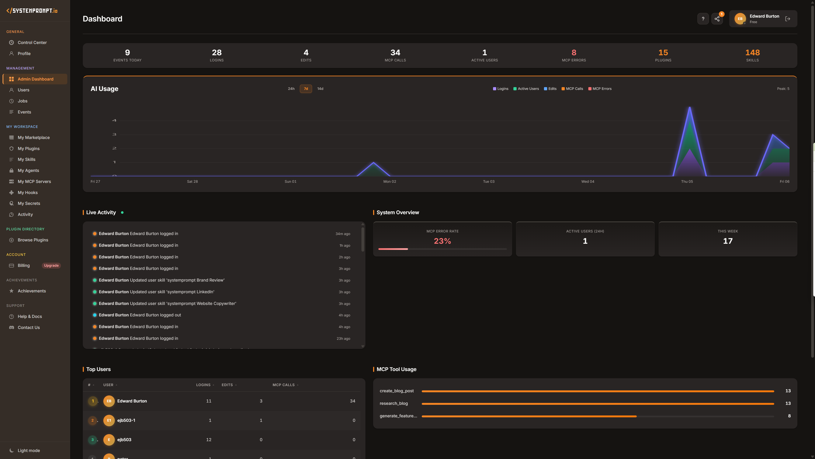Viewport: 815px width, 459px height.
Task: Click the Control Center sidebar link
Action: tap(32, 42)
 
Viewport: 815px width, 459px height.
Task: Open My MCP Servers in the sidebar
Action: tap(34, 181)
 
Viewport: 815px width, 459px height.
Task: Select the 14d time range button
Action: tap(320, 89)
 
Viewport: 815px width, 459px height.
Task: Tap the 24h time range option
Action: tap(291, 89)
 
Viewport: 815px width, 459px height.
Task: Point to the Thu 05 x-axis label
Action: tap(687, 181)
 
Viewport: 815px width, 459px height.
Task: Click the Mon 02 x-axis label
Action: tap(389, 181)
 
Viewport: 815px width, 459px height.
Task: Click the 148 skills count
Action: tap(752, 52)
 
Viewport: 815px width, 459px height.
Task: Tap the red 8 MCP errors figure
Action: tap(574, 52)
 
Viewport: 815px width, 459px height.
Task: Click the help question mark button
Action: tap(703, 19)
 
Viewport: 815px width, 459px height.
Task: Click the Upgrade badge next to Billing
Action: tap(51, 265)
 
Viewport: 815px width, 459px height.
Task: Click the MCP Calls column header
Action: tap(284, 385)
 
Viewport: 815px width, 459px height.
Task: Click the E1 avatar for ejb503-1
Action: tap(109, 420)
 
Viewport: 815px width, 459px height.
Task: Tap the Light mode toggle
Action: tap(28, 450)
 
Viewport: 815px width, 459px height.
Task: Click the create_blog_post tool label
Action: tap(396, 391)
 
